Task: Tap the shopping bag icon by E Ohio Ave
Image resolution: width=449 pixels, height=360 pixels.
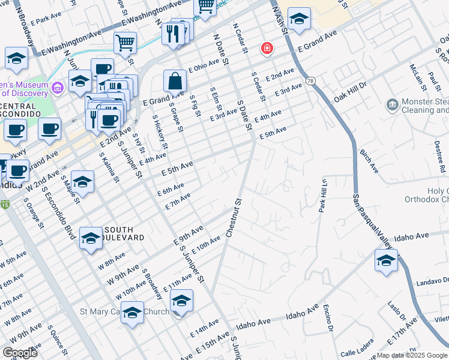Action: coord(174,80)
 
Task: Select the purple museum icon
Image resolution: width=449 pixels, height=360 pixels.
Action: coord(58,88)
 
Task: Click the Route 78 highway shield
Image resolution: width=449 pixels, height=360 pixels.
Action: coord(310,80)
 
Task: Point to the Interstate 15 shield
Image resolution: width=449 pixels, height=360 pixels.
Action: coord(5,205)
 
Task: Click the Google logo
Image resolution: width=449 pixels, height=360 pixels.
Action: coord(20,353)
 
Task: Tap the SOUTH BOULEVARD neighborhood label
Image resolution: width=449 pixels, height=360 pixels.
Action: coord(124,233)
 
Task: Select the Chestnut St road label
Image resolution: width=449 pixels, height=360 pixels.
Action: coord(234,218)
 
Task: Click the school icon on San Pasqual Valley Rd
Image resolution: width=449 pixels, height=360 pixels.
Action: coord(385,260)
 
